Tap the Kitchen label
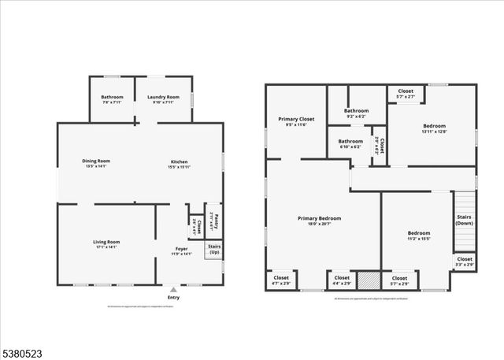pos(180,163)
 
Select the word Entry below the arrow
pos(174,297)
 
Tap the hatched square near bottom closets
pos(367,280)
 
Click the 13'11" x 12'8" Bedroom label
pos(434,128)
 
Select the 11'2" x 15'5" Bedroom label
pos(419,235)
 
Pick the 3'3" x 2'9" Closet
pos(465,261)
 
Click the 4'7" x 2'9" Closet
pos(281,280)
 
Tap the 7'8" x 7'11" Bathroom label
pos(112,99)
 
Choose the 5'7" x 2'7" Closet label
pos(406,93)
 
